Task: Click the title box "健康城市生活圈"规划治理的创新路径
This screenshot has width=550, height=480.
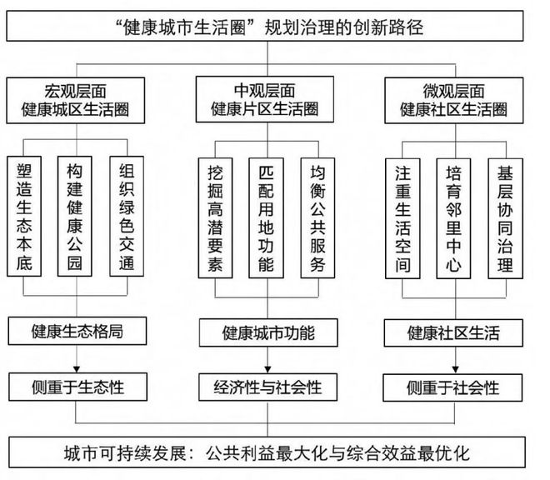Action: [x=265, y=26]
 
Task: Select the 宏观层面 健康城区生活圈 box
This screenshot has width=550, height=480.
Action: [x=75, y=100]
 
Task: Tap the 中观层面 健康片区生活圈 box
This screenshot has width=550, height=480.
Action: [x=265, y=99]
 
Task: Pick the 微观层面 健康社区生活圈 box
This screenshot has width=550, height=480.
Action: [x=454, y=100]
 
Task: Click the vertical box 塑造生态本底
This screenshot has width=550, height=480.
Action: [x=24, y=217]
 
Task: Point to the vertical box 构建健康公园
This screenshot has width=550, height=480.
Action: [x=75, y=217]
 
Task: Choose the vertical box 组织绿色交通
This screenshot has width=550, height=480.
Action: [x=127, y=217]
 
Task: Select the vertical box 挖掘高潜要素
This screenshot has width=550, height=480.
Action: [x=215, y=217]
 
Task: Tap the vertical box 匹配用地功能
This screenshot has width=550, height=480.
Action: [x=266, y=217]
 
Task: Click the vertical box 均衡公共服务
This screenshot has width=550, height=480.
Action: [x=317, y=217]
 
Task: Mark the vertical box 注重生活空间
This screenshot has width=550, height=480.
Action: [x=402, y=218]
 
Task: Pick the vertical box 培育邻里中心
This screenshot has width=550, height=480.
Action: [x=453, y=218]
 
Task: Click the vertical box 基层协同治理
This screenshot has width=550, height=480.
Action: [x=506, y=218]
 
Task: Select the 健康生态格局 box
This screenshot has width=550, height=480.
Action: [x=77, y=331]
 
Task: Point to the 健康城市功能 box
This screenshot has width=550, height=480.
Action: [x=268, y=332]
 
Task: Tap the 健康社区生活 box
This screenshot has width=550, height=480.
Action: [x=453, y=333]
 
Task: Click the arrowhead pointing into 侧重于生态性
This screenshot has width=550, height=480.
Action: [x=77, y=369]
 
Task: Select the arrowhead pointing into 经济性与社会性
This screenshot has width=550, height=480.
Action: [x=267, y=370]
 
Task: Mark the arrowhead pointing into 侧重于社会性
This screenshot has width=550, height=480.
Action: [x=455, y=370]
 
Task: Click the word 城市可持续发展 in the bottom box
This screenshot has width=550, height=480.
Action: [x=125, y=453]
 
